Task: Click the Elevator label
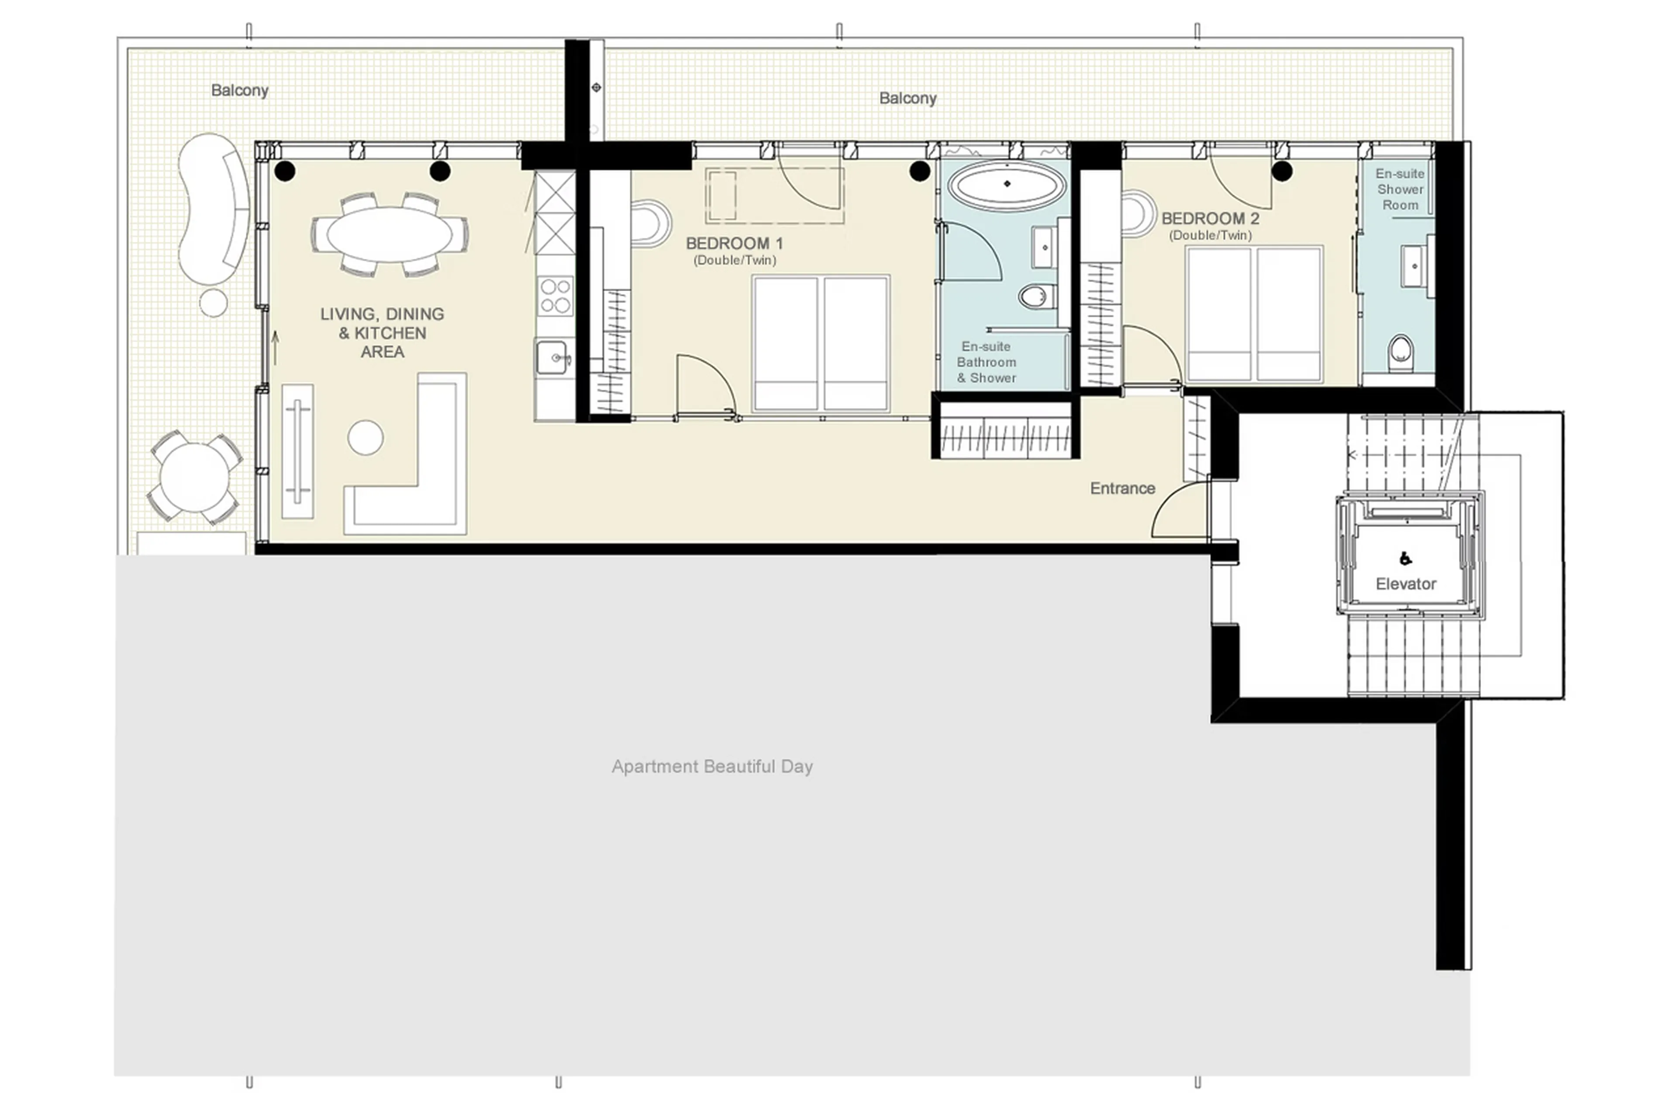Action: (x=1405, y=584)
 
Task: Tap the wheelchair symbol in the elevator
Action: (x=1405, y=559)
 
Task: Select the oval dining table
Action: (x=389, y=234)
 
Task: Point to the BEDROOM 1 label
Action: (x=734, y=243)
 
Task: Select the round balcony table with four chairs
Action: (x=194, y=476)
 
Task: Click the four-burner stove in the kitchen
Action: (x=555, y=296)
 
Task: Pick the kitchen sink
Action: (x=552, y=357)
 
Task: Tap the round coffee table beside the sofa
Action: (x=365, y=436)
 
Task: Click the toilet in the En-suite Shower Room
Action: (x=1400, y=353)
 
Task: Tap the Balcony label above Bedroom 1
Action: (x=907, y=98)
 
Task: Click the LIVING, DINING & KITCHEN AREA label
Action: (x=382, y=333)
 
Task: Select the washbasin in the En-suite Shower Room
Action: (x=1414, y=266)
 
